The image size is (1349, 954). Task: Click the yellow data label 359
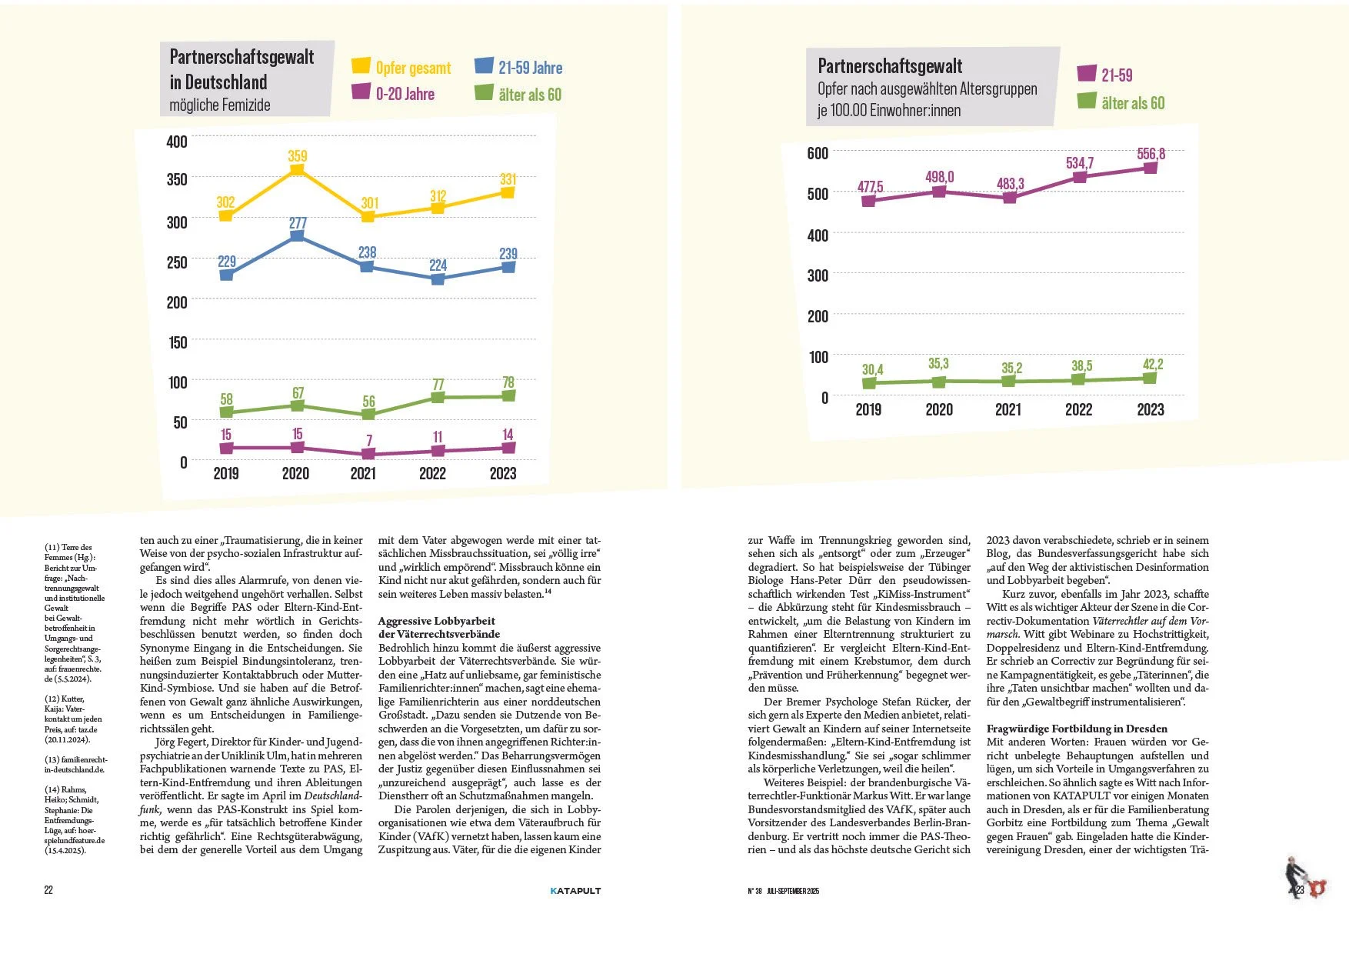point(298,156)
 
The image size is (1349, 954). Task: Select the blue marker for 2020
point(297,236)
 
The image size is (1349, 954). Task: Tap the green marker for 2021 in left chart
point(368,415)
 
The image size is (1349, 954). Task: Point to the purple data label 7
point(369,441)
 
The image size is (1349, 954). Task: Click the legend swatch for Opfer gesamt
point(361,66)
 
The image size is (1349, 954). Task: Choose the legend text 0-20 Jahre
point(405,94)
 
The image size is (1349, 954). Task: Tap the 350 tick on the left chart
point(177,179)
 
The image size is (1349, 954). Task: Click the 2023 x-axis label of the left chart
point(503,473)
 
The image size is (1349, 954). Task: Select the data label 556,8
point(1151,154)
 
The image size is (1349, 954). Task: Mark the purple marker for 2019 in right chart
point(868,202)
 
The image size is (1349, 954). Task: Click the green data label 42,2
point(1153,364)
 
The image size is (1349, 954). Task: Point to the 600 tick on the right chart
point(818,153)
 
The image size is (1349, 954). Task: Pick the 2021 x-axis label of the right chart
point(1008,409)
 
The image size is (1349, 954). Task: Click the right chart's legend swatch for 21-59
point(1087,74)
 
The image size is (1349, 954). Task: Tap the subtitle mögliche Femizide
point(220,105)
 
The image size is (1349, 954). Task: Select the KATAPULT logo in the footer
point(575,891)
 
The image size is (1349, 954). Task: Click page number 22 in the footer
point(48,890)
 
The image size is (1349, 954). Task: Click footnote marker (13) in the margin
point(52,759)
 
